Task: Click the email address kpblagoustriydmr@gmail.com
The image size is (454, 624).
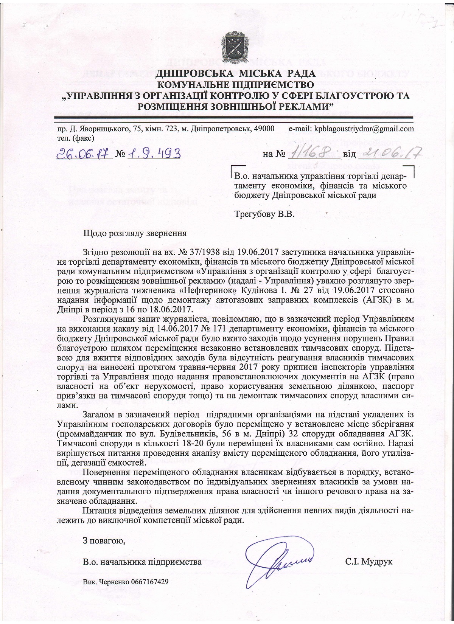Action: tap(364, 129)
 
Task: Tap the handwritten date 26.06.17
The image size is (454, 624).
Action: tap(84, 154)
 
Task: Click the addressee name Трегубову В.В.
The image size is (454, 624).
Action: tap(264, 214)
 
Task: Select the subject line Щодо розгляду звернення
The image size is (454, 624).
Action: tap(135, 233)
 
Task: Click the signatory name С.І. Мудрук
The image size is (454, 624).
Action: tap(368, 562)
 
